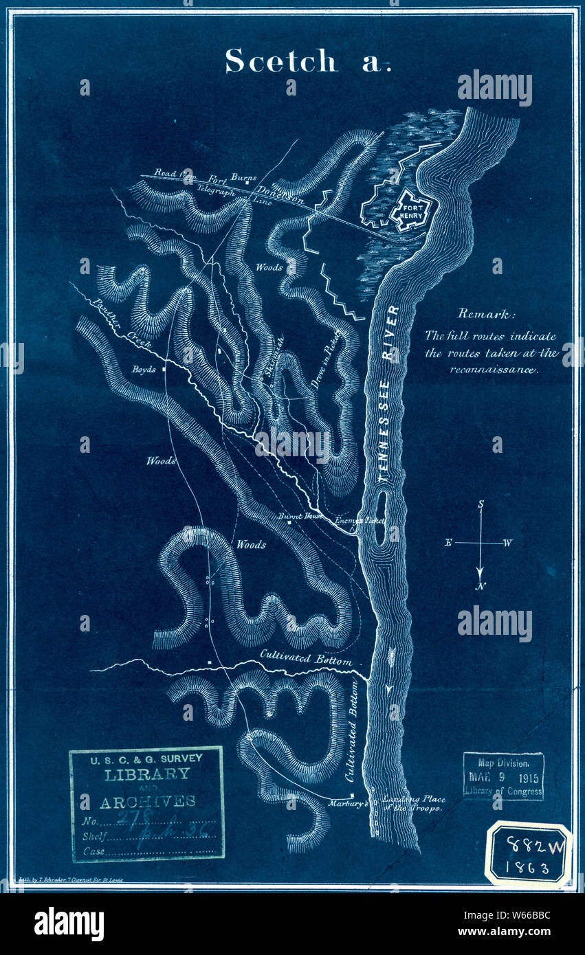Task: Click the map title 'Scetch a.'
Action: (307, 62)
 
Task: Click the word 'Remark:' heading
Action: (487, 314)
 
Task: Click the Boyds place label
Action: (144, 369)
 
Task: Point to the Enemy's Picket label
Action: (357, 521)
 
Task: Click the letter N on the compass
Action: (481, 586)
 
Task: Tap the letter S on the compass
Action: (481, 504)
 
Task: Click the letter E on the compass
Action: (448, 543)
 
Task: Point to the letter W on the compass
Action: (507, 543)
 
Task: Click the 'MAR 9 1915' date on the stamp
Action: (504, 778)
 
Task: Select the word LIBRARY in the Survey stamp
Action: (146, 774)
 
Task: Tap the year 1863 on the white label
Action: (529, 868)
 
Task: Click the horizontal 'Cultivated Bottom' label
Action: (306, 660)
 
